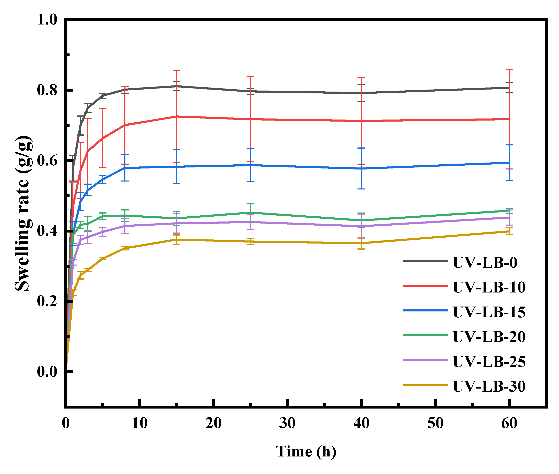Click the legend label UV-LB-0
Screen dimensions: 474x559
(x=485, y=262)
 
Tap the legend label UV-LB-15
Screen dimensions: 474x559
(x=489, y=312)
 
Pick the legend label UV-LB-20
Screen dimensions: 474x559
(x=489, y=337)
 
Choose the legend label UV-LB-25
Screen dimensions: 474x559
(x=489, y=361)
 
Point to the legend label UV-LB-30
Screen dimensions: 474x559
(x=489, y=387)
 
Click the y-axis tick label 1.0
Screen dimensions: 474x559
(x=47, y=20)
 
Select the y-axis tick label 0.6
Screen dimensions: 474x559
(x=47, y=161)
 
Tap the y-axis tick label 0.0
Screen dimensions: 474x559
(x=47, y=372)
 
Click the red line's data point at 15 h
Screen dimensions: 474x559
(x=176, y=116)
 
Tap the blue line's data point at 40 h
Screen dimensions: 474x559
(x=361, y=168)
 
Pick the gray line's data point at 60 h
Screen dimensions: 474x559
(x=509, y=87)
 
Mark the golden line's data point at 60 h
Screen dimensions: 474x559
(x=509, y=231)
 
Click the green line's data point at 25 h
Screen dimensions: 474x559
(x=250, y=213)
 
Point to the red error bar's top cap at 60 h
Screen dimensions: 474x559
(x=509, y=70)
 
